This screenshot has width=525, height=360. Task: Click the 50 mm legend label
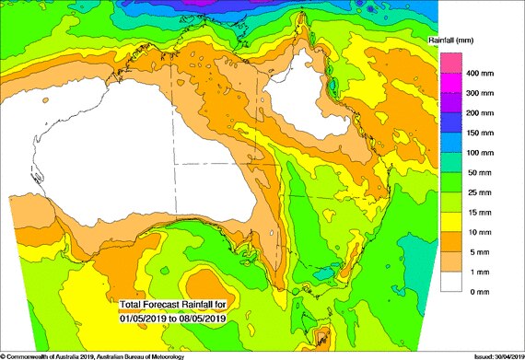click(480, 172)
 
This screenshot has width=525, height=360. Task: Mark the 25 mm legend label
click(480, 192)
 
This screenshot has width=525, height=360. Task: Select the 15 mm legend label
click(480, 212)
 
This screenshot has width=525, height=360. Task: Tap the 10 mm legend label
click(480, 232)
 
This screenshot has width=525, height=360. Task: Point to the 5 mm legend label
click(478, 251)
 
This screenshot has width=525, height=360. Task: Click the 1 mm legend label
click(478, 272)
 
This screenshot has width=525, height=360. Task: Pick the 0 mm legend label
click(478, 292)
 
